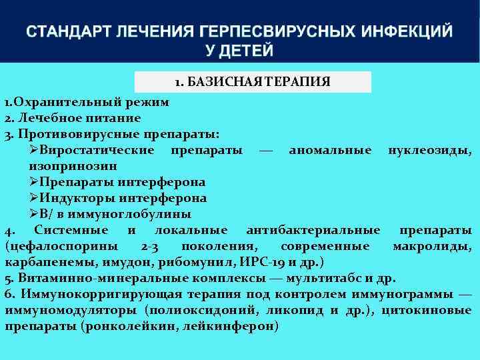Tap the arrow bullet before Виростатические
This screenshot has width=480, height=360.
pos(34,150)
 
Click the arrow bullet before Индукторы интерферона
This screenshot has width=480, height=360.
pos(34,198)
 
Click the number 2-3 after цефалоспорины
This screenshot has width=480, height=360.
pos(150,246)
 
